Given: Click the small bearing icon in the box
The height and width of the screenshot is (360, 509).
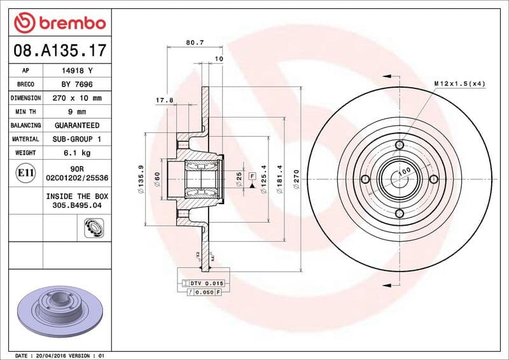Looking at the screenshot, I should click(92, 226).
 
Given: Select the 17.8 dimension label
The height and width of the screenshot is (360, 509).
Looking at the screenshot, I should click(164, 100).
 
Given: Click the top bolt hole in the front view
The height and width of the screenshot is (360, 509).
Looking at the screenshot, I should click(400, 146).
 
